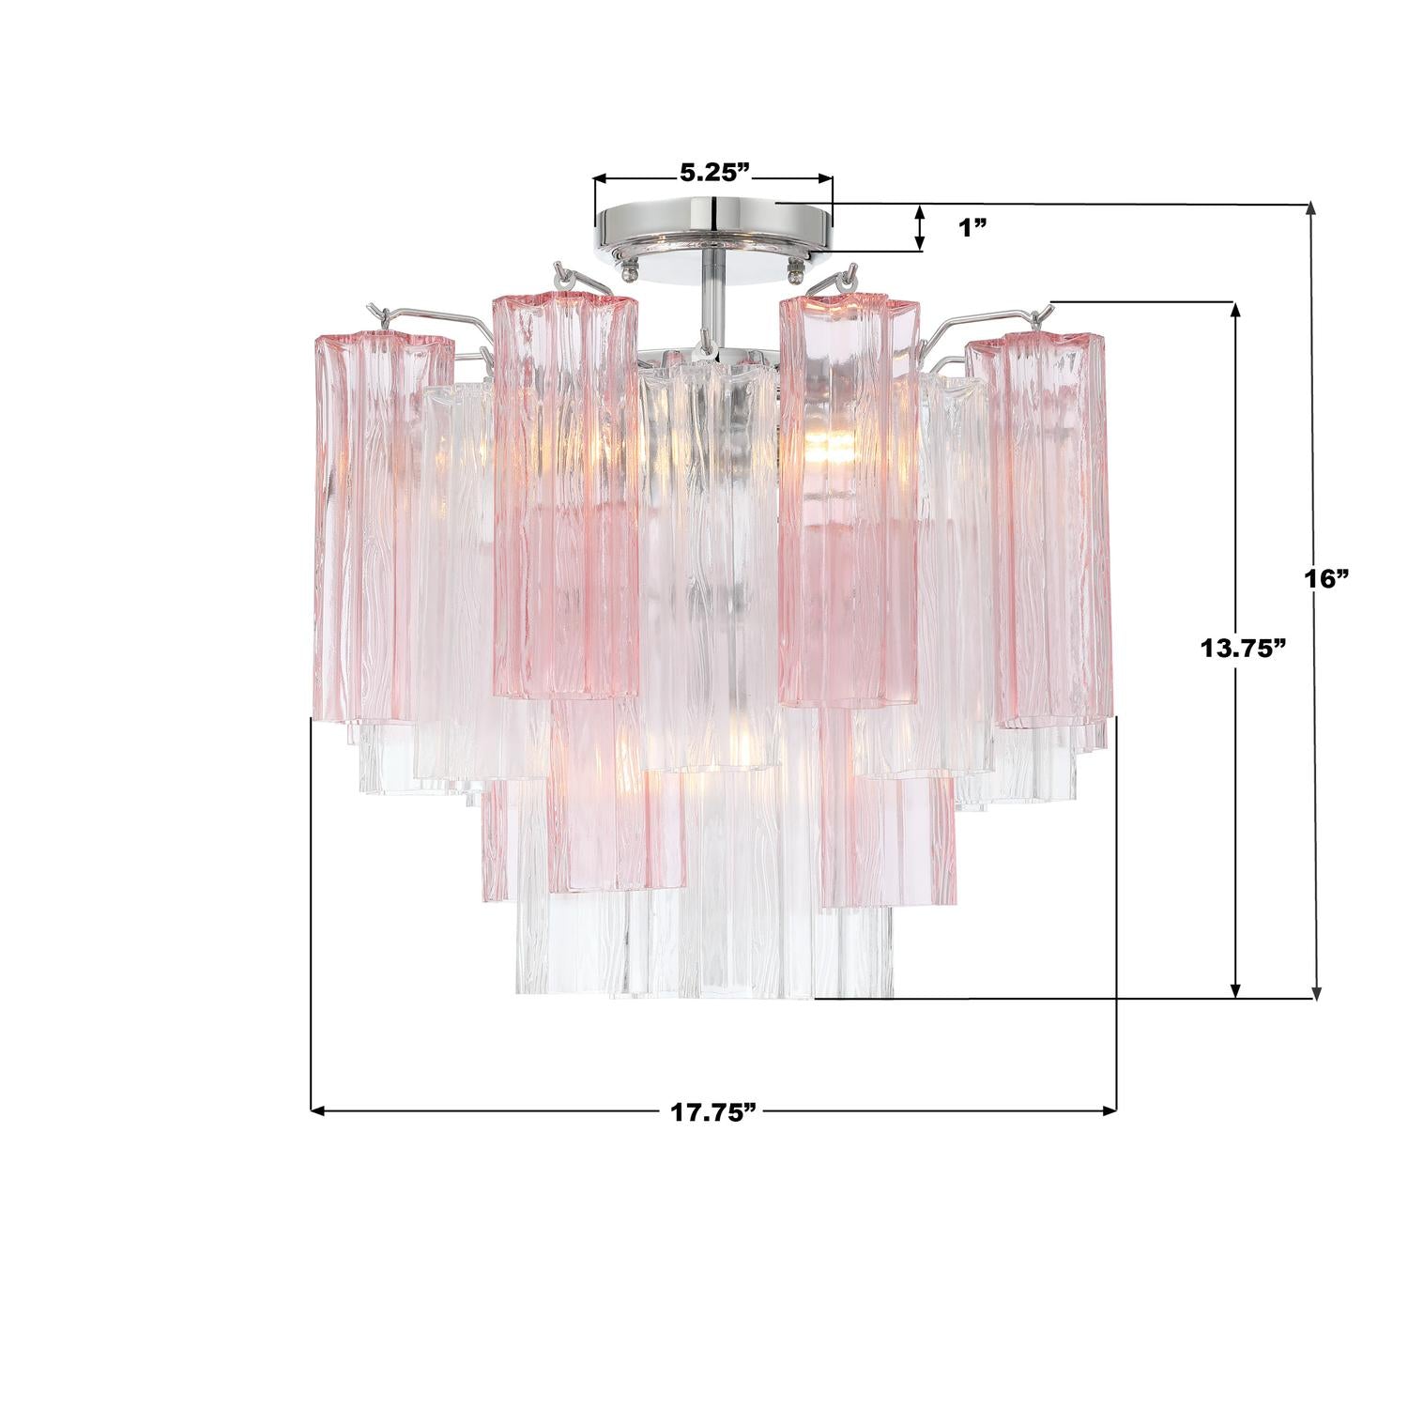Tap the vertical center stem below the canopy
point(714,282)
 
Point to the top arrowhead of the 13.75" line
point(1236,310)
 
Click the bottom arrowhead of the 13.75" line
point(1236,989)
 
